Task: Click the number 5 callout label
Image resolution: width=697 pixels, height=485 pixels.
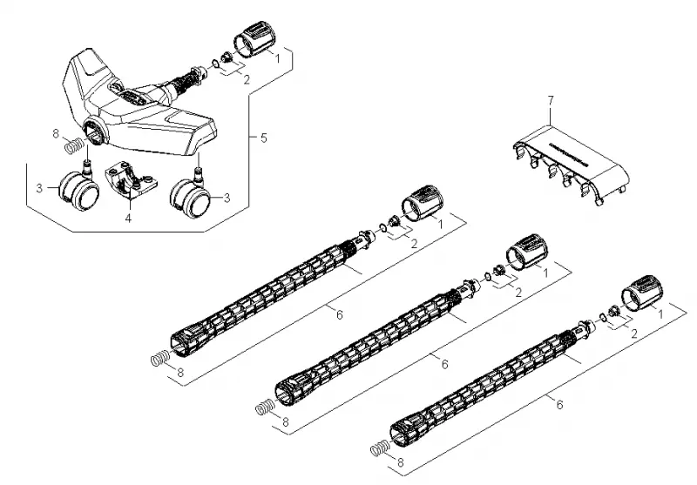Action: (x=264, y=138)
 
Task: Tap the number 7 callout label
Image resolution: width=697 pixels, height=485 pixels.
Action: (x=552, y=101)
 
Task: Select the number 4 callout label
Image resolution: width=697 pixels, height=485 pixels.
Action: (x=128, y=219)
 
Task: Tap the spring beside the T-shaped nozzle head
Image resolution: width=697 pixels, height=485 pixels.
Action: (x=74, y=146)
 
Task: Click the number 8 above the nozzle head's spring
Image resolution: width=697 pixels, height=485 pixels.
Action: (x=56, y=133)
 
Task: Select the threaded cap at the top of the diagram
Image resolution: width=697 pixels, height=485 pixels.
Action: (x=254, y=38)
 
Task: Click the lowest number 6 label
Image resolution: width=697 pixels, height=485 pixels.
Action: (x=559, y=405)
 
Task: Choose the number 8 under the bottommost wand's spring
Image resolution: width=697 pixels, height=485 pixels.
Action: (x=401, y=462)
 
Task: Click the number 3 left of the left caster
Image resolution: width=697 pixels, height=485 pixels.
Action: (x=39, y=188)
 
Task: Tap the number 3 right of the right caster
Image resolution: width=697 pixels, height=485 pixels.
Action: (x=227, y=198)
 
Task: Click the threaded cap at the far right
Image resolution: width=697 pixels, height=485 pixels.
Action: (x=642, y=293)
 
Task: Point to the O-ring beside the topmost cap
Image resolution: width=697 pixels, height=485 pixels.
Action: (x=214, y=64)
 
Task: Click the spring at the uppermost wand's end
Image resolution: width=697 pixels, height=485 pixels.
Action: (x=160, y=358)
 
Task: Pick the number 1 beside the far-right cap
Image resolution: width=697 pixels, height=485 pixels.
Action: (x=660, y=314)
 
